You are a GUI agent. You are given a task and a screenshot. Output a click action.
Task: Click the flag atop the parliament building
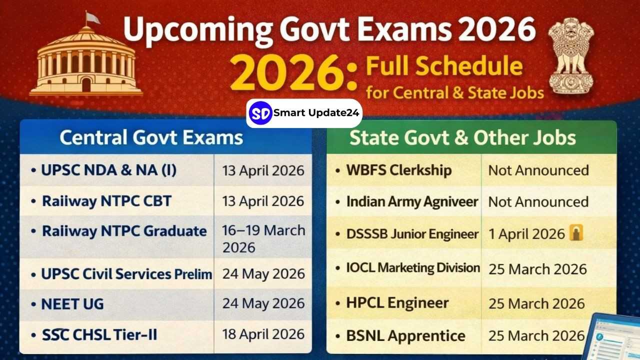coord(92,18)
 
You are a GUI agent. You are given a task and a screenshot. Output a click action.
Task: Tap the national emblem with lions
coord(571,55)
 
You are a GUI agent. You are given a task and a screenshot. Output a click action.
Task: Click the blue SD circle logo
coord(260,113)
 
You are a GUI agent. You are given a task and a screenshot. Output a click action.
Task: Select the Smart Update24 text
coord(316,113)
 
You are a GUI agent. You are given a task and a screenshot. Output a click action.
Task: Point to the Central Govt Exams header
coord(151,137)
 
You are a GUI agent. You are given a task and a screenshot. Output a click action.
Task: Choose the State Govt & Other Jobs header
coord(462,138)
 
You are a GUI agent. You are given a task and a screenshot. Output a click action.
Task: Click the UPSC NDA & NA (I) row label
coord(108,170)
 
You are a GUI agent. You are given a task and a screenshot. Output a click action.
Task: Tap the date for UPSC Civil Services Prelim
coord(263,273)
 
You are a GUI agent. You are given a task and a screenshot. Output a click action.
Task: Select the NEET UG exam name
coord(72,304)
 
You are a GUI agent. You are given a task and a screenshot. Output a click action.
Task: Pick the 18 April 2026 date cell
coord(263,334)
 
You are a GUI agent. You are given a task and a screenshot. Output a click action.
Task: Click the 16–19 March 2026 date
coord(263,239)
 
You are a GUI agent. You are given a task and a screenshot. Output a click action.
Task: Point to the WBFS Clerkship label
coord(399,170)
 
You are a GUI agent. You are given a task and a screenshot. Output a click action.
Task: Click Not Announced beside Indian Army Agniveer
coord(538,201)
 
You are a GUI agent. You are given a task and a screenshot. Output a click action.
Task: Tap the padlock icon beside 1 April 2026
coord(576,232)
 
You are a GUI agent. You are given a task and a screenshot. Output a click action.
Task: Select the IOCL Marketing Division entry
coord(413,268)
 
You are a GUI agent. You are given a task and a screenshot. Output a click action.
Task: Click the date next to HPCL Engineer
coord(536,303)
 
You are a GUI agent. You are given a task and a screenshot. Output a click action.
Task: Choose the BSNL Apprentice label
coord(405,335)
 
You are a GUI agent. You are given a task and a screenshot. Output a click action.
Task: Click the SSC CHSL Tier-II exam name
coord(99,335)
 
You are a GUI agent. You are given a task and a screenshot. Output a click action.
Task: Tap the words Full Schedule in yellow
coord(444,66)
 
